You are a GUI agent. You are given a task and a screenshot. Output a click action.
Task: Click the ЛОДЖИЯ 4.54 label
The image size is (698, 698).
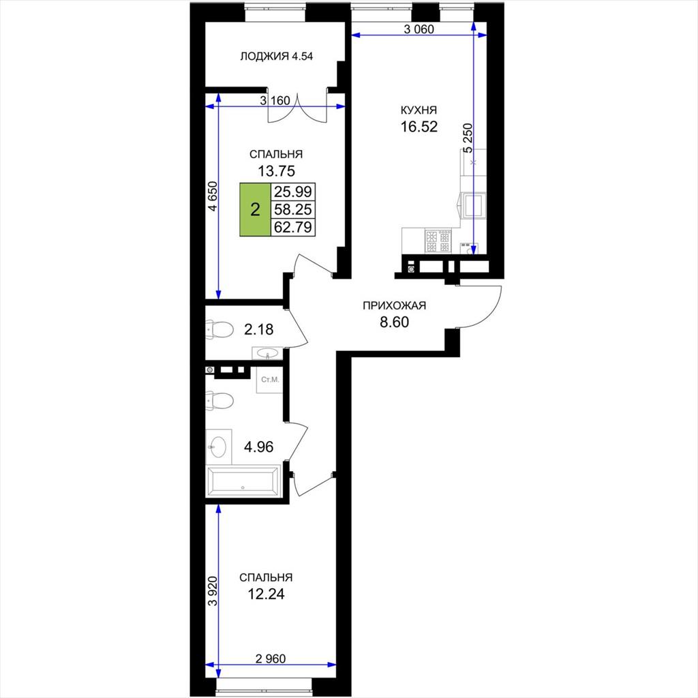coord(277,57)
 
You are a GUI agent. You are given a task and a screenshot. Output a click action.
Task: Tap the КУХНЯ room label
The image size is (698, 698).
coord(419,110)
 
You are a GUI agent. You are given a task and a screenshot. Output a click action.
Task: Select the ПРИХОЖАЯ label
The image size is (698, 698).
coord(395,305)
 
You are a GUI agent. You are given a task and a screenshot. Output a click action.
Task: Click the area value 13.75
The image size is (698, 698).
coord(277,171)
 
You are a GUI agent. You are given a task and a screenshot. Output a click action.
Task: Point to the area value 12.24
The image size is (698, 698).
coord(266,594)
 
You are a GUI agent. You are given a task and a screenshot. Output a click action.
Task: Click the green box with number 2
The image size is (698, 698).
coord(255,209)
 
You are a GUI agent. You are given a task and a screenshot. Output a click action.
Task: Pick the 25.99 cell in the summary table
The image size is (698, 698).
coord(293,192)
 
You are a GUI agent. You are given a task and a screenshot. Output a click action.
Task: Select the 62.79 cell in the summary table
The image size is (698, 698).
coord(293,227)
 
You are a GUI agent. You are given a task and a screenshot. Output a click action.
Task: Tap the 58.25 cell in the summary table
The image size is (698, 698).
coord(293,209)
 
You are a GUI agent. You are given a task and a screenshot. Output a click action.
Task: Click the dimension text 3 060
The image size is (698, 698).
coord(419,29)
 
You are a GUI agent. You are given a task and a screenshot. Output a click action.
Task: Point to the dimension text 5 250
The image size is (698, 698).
coord(468,138)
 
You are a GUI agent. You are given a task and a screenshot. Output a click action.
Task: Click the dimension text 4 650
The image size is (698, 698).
coord(213,196)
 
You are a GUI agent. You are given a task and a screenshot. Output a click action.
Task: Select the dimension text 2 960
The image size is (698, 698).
coord(271,658)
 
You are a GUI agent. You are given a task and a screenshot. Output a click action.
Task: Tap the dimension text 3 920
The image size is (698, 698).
coord(213,591)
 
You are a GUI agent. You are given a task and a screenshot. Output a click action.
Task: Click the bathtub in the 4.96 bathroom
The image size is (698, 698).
coord(243,481)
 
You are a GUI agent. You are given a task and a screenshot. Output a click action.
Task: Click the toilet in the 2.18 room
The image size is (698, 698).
coord(219,330)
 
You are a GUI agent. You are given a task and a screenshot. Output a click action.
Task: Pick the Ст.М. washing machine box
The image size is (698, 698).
coord(270,380)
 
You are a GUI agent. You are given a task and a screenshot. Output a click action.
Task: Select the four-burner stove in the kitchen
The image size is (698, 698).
coord(438,241)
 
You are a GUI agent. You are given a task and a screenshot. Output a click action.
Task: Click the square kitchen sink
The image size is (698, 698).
coord(474,206)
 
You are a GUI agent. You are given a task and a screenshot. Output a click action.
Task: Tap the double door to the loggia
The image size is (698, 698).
coord(297,107)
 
